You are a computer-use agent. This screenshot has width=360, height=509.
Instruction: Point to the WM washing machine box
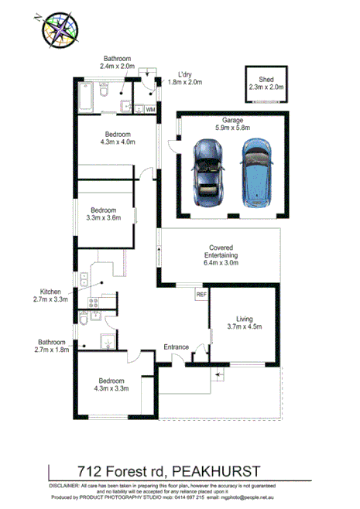(150, 111)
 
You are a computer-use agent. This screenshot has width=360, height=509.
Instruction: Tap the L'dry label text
(184, 77)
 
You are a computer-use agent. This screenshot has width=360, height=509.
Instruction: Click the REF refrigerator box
(201, 295)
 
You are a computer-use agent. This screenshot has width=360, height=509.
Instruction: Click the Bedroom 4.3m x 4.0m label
(118, 138)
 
